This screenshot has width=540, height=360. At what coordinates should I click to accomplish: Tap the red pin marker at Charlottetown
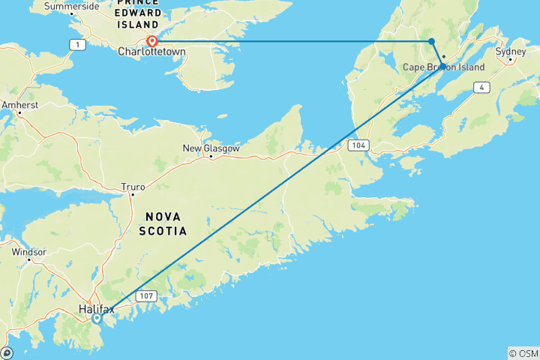[152, 41]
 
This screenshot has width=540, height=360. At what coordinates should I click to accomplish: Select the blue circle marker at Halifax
[97, 318]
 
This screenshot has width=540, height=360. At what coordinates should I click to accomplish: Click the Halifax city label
[96, 308]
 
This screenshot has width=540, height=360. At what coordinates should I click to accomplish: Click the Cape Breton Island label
[443, 67]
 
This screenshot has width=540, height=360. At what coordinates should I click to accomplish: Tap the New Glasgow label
[211, 148]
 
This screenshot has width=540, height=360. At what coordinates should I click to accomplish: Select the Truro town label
[134, 185]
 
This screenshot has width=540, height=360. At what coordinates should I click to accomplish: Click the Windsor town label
[29, 253]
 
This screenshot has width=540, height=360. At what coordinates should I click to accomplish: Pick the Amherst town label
[19, 106]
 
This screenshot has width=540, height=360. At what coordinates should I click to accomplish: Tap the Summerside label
[71, 6]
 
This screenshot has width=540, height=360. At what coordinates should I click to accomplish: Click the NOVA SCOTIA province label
[163, 223]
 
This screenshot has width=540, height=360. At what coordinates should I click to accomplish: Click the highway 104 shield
[358, 145]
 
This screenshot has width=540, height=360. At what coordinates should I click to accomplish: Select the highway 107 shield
[145, 297]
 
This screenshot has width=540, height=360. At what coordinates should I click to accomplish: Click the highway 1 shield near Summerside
[76, 46]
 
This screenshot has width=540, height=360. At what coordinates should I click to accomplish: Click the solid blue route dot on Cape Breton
[431, 41]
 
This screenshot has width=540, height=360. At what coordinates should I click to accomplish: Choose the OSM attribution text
[523, 353]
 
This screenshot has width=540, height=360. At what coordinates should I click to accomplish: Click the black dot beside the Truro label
[133, 193]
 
